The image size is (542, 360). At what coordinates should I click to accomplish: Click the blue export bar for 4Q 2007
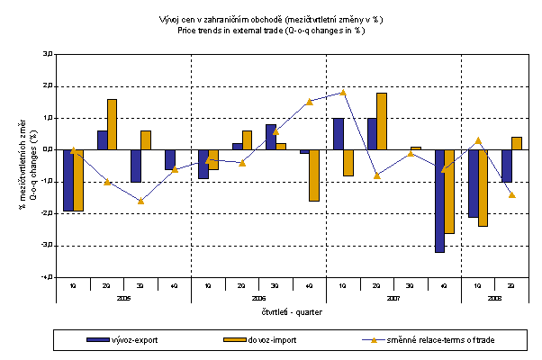point(440,201)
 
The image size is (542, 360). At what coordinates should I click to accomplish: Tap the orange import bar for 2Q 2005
point(112,124)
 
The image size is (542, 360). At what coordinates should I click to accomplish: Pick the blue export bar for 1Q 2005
point(68,180)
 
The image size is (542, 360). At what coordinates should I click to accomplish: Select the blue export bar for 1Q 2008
point(474,184)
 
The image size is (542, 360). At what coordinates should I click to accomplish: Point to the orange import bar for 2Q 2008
point(517,143)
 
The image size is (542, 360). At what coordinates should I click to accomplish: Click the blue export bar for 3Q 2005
point(135,166)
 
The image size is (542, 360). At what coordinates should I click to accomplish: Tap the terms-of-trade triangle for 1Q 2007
point(343,93)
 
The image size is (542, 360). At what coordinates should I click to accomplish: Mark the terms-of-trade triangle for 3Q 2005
point(140,201)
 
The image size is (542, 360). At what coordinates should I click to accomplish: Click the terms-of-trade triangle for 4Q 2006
point(309,102)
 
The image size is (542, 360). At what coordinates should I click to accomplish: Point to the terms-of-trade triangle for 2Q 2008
point(511,194)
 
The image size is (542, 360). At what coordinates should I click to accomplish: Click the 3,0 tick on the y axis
point(46,54)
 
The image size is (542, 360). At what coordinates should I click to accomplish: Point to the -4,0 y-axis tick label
point(45,277)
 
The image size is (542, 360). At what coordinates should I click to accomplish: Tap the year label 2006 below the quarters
point(258,296)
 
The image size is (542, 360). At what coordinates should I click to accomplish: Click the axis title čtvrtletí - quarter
point(292,312)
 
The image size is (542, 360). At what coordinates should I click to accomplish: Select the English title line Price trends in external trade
point(271,30)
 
